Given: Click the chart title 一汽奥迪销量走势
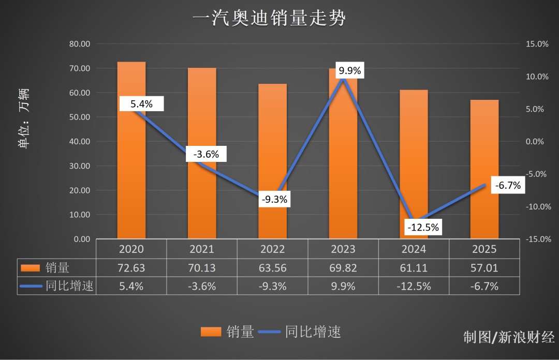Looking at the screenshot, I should pos(269,19).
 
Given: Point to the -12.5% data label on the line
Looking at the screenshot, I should pos(423,227).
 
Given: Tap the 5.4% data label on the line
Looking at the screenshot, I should pos(141,104).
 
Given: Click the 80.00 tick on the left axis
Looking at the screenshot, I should pos(80,44).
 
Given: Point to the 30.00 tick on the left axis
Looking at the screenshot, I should pos(80,166).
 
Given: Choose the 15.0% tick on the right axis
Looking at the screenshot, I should pos(537,44).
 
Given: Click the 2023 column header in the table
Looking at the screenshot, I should pos(343,249).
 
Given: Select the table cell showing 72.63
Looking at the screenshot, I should pos(131,267).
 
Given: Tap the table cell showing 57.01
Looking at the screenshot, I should pos(484,267).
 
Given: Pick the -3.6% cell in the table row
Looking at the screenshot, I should pos(202,286).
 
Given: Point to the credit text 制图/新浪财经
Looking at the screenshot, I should pos(509,337).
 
